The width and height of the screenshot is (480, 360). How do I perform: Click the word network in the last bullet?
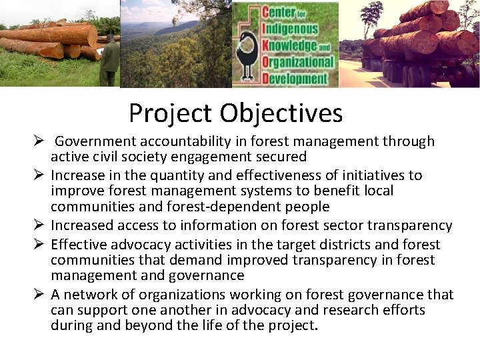click(x=90, y=295)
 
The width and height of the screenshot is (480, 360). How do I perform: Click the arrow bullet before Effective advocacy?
click(x=39, y=245)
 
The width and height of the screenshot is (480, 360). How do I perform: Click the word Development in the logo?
click(x=298, y=78)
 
